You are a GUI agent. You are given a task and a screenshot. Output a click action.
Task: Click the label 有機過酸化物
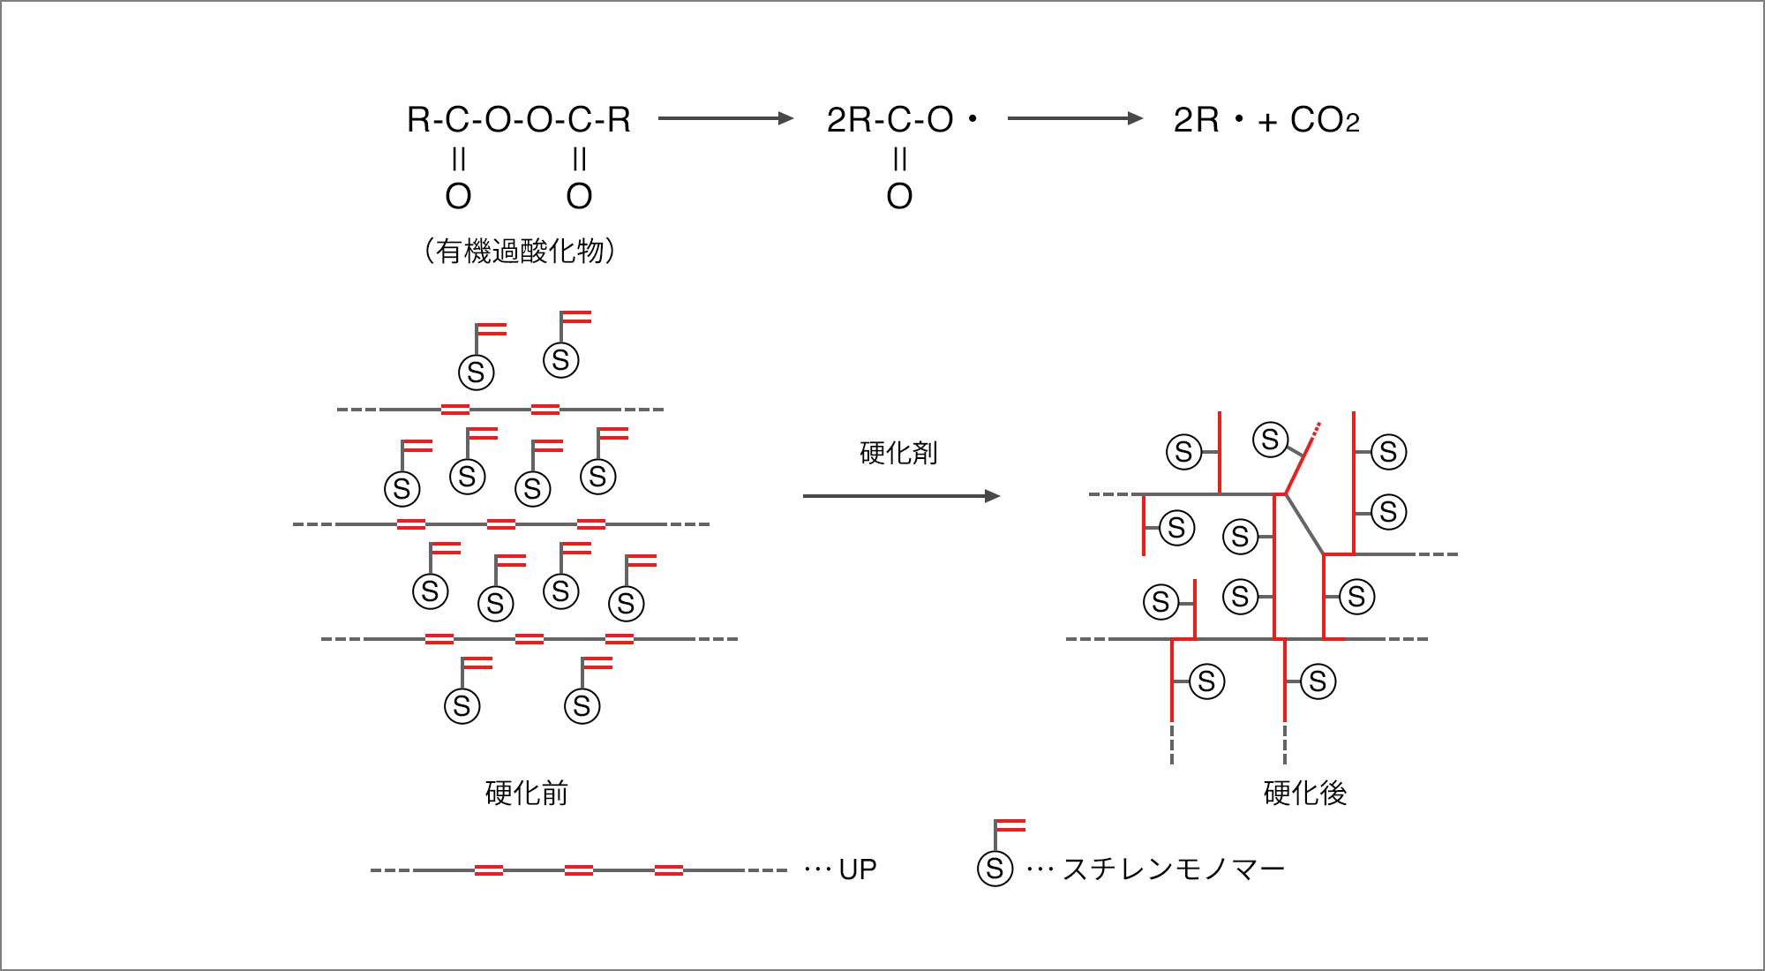click(x=520, y=252)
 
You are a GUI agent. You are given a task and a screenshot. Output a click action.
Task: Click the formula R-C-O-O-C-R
click(x=519, y=120)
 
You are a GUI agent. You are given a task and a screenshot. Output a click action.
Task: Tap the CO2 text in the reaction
click(x=1325, y=120)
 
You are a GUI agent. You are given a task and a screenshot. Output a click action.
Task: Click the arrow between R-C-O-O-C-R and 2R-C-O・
click(x=726, y=118)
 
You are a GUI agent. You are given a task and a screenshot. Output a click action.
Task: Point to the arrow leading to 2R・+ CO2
click(x=1075, y=118)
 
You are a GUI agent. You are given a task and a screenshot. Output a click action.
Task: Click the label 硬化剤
click(x=898, y=453)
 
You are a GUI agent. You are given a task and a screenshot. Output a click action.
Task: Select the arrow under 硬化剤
click(x=901, y=496)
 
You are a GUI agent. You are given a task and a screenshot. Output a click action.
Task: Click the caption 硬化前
click(x=527, y=793)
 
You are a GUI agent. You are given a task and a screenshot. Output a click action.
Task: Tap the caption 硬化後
click(x=1305, y=793)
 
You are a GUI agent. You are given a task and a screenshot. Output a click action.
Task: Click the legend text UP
click(x=858, y=869)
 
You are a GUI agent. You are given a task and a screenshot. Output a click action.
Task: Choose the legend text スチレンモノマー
click(x=1174, y=869)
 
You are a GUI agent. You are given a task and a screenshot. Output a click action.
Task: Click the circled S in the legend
click(x=995, y=869)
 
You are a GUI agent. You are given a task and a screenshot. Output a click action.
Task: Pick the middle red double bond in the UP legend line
click(x=578, y=870)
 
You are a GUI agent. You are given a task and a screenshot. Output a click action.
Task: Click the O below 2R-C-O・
click(x=899, y=196)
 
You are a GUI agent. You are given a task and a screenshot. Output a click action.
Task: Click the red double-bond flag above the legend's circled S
click(x=1010, y=826)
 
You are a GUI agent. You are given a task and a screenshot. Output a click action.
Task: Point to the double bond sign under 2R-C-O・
click(x=899, y=159)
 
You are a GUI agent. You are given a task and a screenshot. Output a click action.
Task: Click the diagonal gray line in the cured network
click(x=1304, y=524)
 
